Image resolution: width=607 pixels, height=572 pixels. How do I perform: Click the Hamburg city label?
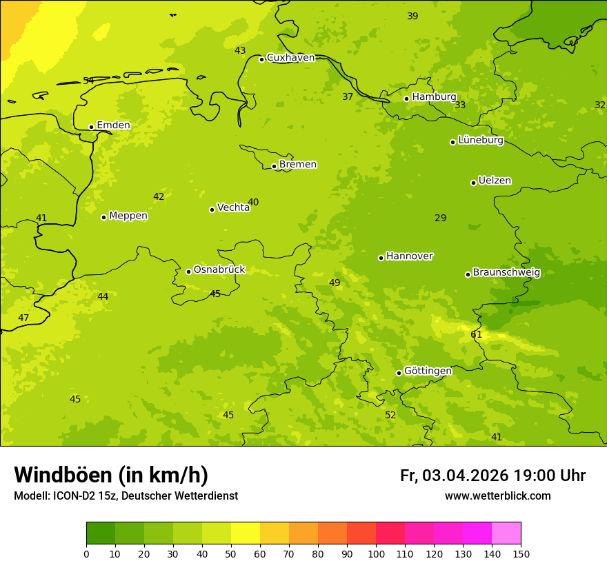pyautogui.click(x=434, y=96)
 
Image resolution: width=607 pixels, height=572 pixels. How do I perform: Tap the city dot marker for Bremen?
pyautogui.click(x=274, y=166)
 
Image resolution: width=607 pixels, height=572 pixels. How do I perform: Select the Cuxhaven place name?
pyautogui.click(x=290, y=57)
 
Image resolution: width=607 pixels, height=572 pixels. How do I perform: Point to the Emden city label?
pyautogui.click(x=113, y=125)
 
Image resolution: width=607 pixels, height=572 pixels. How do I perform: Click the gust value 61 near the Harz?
pyautogui.click(x=477, y=334)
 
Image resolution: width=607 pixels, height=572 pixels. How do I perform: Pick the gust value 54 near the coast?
pyautogui.click(x=88, y=81)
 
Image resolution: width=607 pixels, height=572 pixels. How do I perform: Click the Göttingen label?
pyautogui.click(x=428, y=371)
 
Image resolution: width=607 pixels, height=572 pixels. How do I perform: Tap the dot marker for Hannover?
pyautogui.click(x=381, y=258)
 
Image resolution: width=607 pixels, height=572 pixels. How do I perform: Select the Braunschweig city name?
pyautogui.click(x=506, y=272)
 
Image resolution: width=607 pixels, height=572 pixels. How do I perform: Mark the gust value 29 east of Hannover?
pyautogui.click(x=441, y=218)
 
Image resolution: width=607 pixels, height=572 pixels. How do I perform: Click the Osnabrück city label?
pyautogui.click(x=219, y=269)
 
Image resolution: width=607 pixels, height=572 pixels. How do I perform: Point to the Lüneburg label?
pyautogui.click(x=481, y=140)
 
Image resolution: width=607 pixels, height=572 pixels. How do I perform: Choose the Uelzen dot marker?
pyautogui.click(x=473, y=183)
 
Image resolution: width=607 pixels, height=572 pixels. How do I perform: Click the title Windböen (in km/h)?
pyautogui.click(x=111, y=475)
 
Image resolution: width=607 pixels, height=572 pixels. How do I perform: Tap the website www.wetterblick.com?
pyautogui.click(x=497, y=496)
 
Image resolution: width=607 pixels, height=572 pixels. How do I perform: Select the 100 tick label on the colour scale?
pyautogui.click(x=376, y=553)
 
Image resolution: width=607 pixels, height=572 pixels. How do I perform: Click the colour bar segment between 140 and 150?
pyautogui.click(x=506, y=533)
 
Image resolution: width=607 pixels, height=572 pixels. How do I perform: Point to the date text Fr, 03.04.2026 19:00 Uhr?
pyautogui.click(x=492, y=476)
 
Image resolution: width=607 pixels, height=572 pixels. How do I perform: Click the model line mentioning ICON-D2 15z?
pyautogui.click(x=126, y=496)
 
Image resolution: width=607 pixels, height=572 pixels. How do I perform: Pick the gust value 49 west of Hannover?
pyautogui.click(x=335, y=283)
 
